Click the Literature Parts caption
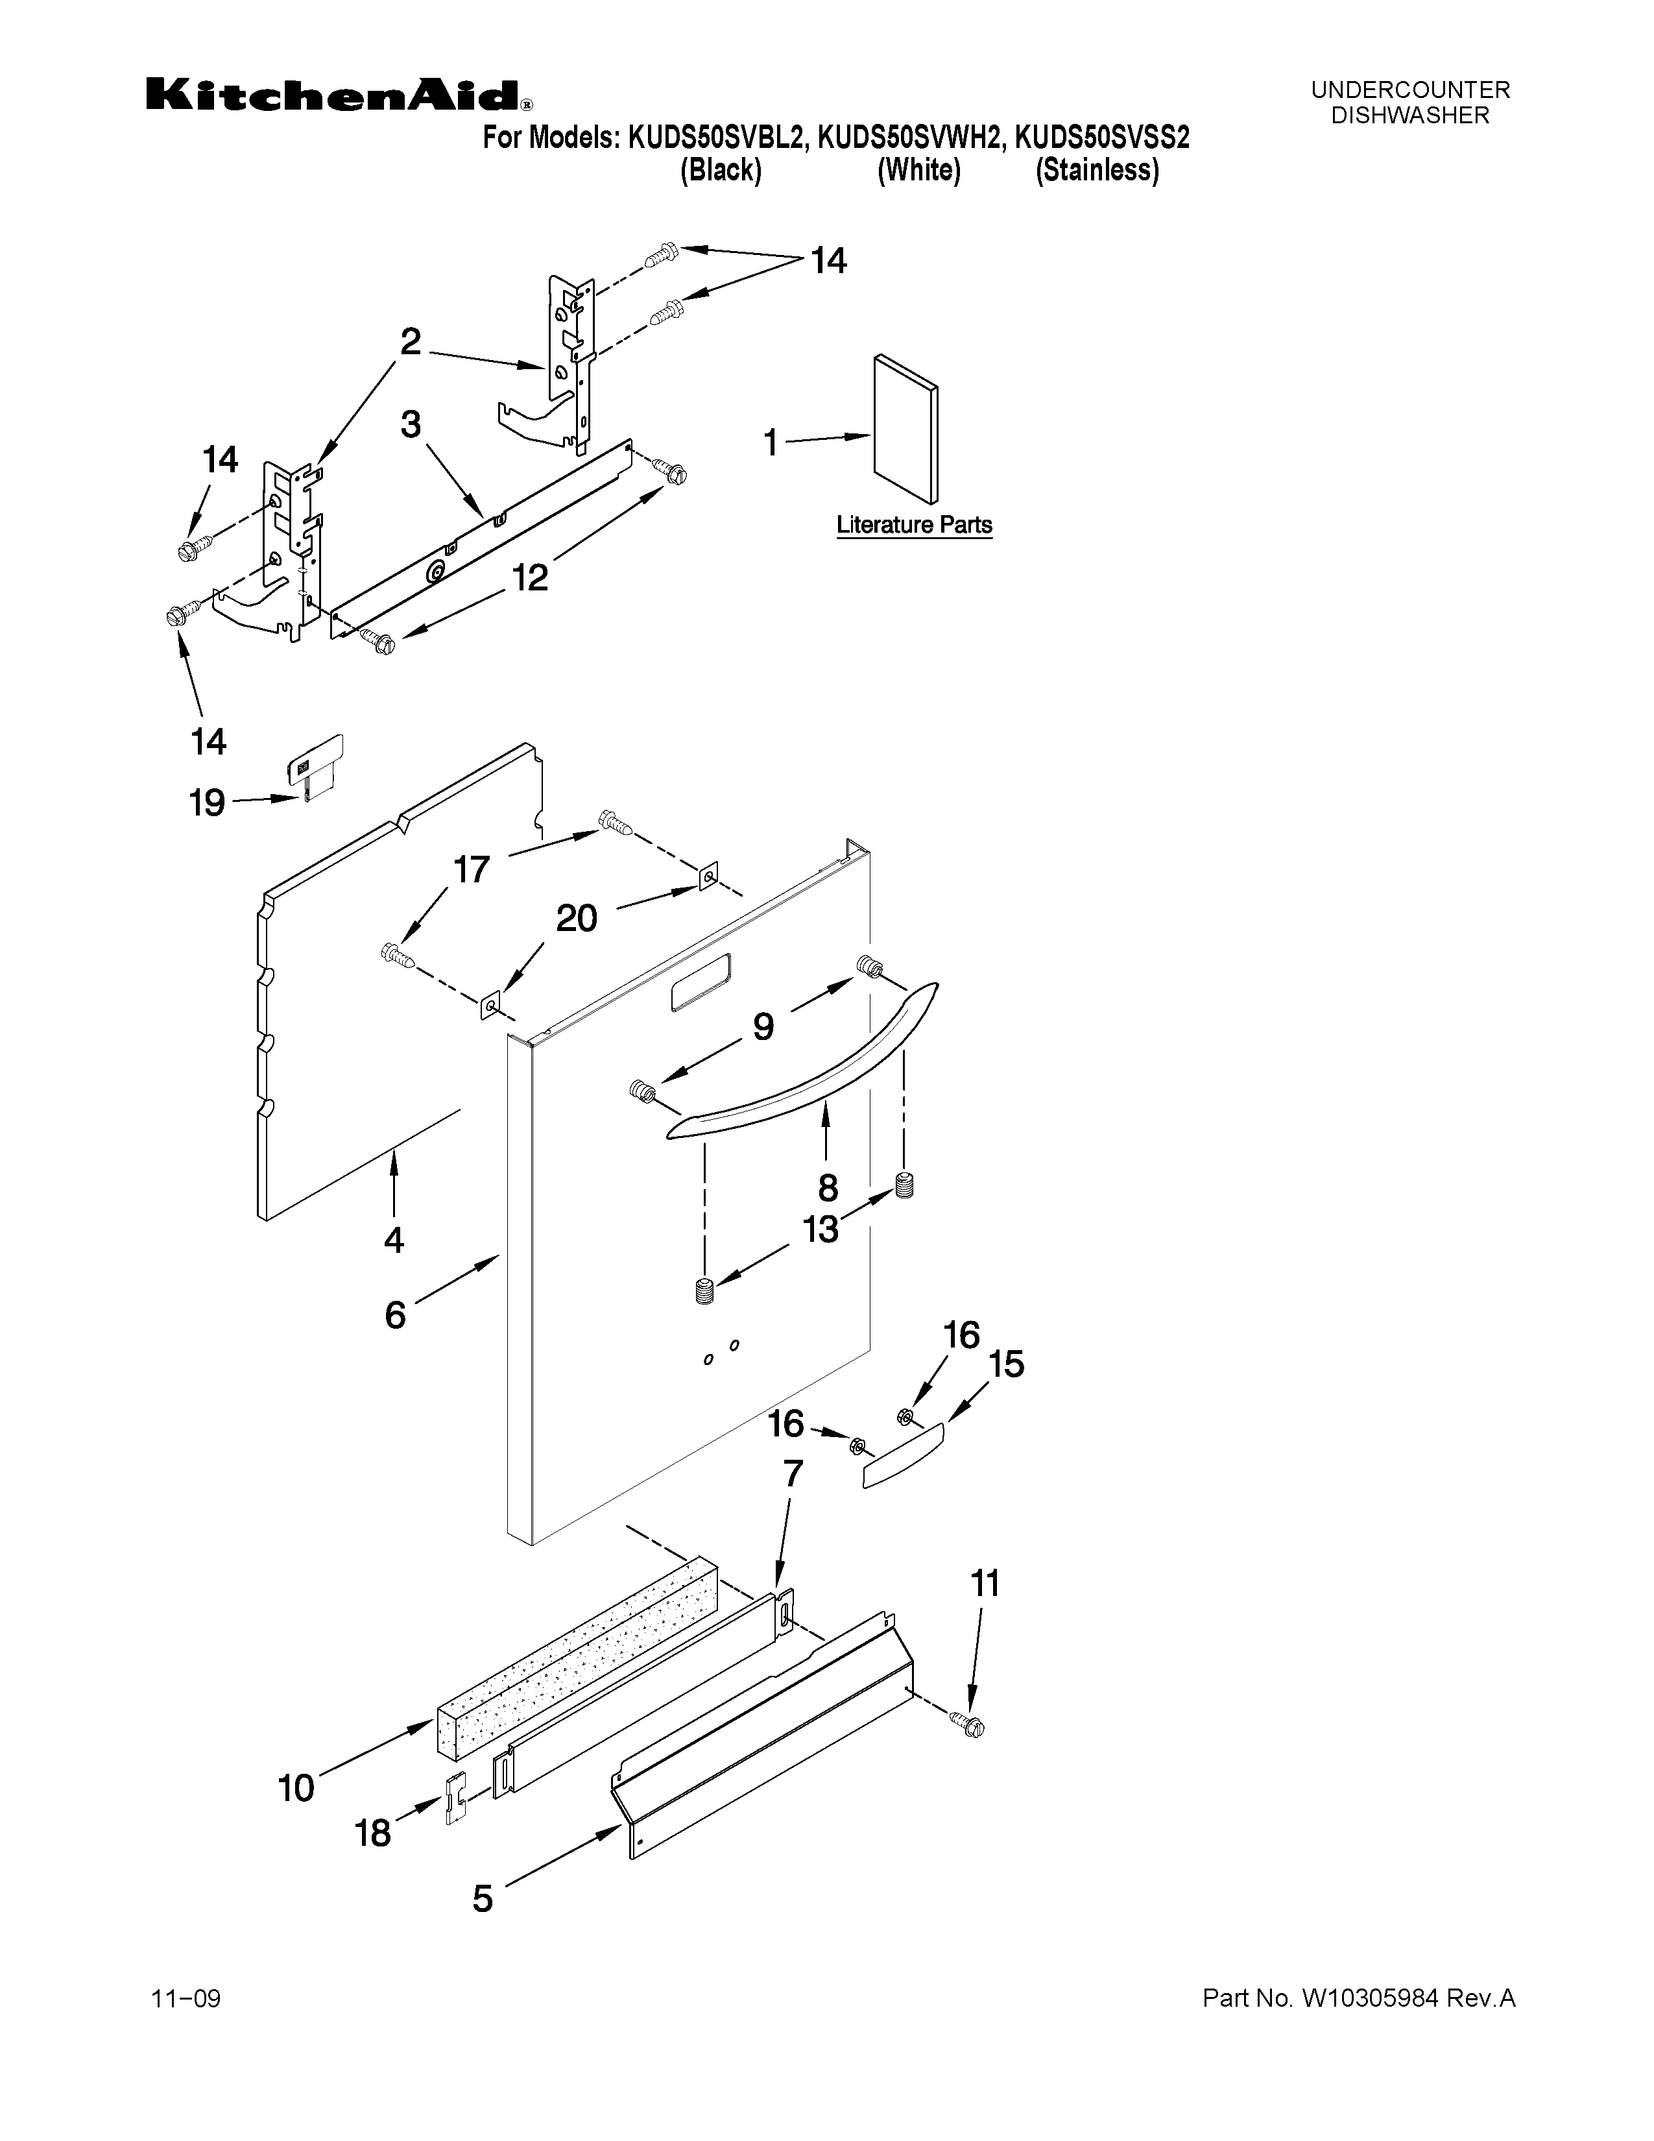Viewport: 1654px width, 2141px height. pyautogui.click(x=913, y=526)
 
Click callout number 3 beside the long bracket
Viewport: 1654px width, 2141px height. pyautogui.click(x=411, y=424)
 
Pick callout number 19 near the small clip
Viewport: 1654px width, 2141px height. pyautogui.click(x=207, y=804)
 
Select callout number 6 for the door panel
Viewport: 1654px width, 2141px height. pyautogui.click(x=395, y=1314)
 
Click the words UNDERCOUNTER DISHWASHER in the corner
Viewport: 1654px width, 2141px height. pyautogui.click(x=1410, y=103)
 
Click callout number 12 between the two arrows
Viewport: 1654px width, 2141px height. pyautogui.click(x=530, y=578)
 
